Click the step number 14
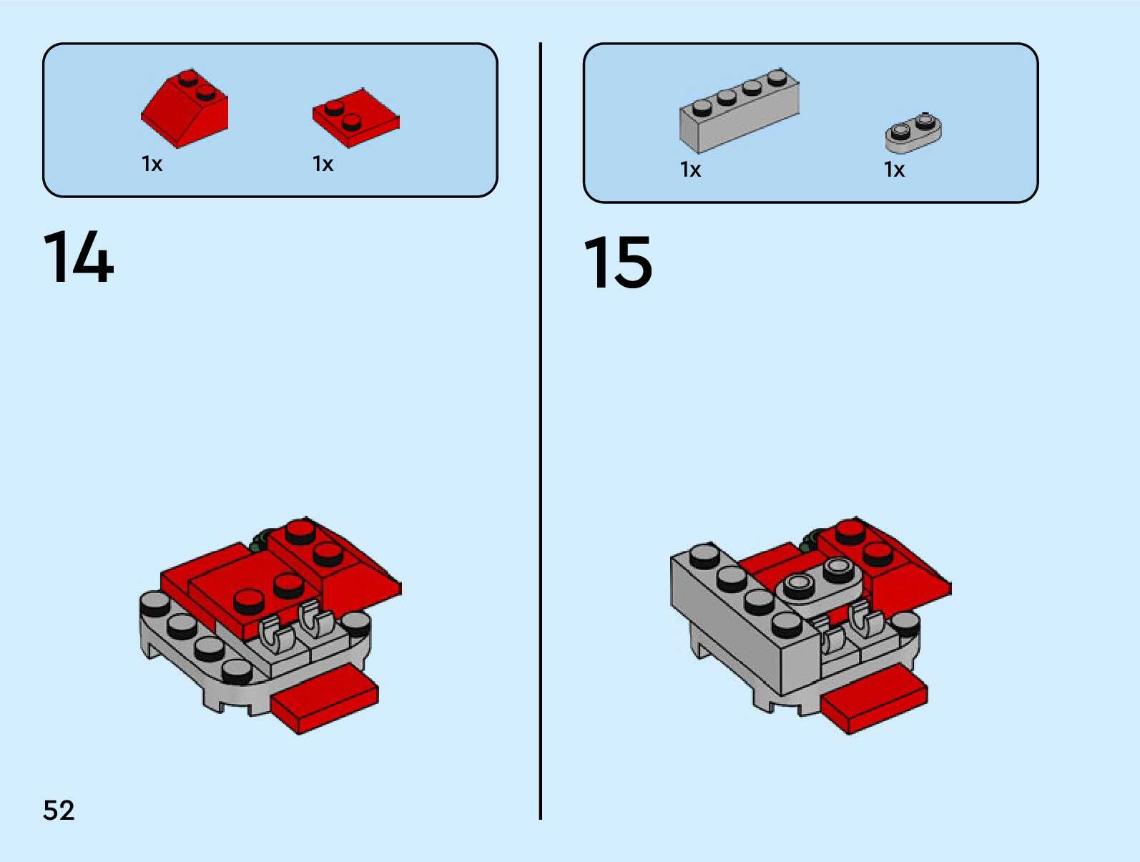[79, 258]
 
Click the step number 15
[619, 263]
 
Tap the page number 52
[59, 810]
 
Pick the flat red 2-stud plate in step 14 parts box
[355, 118]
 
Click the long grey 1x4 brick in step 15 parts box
[739, 111]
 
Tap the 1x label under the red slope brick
[152, 165]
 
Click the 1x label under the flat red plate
[323, 165]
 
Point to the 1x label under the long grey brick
[690, 170]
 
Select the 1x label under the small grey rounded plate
[894, 170]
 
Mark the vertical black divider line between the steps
[541, 429]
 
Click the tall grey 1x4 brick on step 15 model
[744, 622]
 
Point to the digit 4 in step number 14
[94, 258]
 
